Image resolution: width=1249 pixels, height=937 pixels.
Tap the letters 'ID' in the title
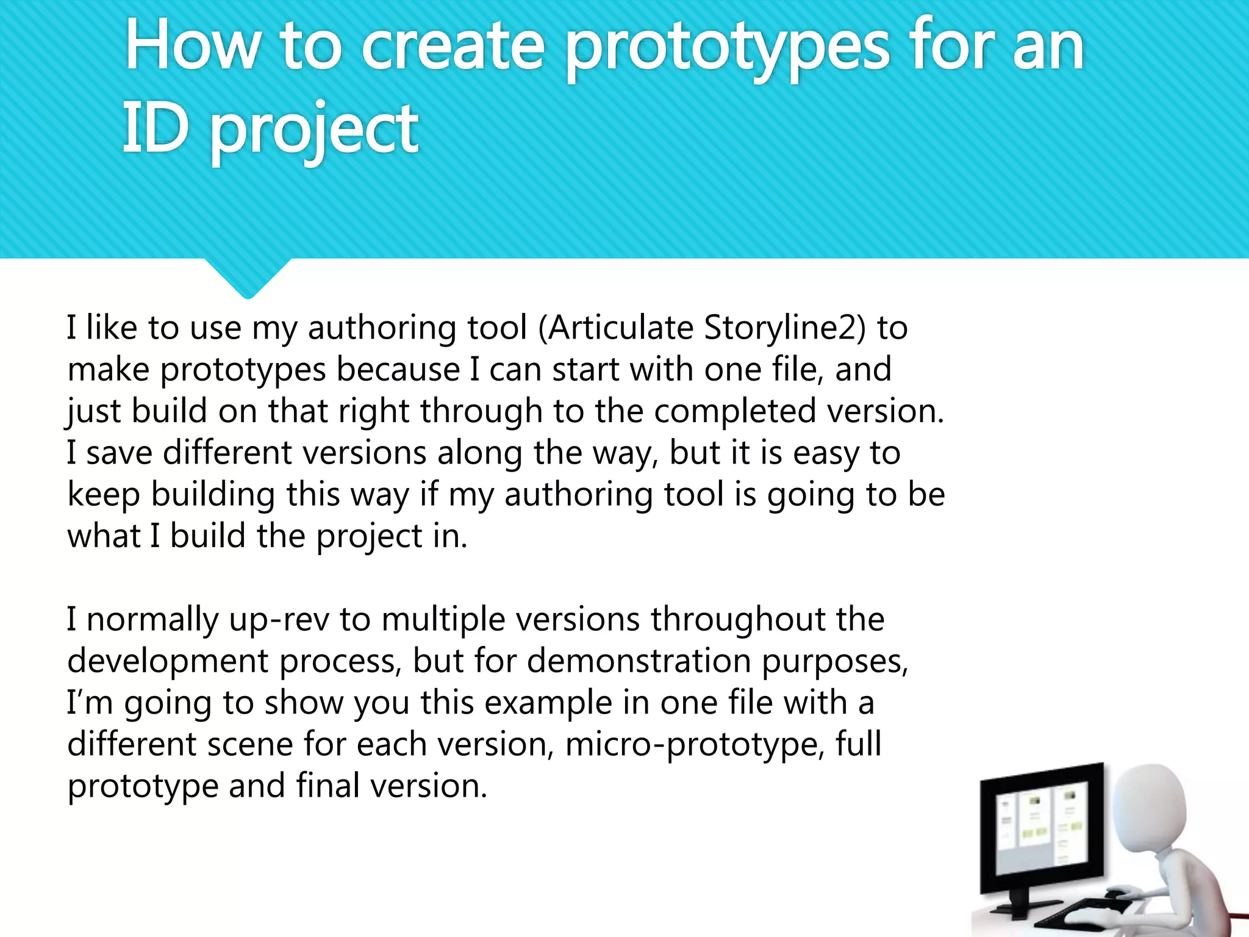155,128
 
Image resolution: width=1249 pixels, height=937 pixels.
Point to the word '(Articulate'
616,328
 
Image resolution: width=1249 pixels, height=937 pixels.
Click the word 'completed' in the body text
735,411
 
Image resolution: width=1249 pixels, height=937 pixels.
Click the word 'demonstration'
639,661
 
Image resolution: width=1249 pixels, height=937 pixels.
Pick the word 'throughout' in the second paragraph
737,620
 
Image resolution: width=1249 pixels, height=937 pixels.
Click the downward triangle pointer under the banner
248,278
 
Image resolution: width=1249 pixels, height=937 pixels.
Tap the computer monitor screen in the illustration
1040,830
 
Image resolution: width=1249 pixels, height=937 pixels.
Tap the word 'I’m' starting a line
90,703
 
